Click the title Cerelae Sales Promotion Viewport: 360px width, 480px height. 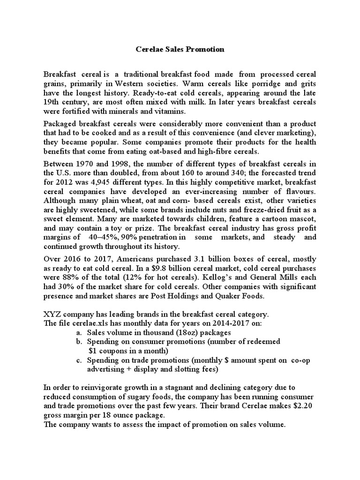pyautogui.click(x=180, y=49)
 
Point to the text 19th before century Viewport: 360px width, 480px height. pyautogui.click(x=52, y=103)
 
